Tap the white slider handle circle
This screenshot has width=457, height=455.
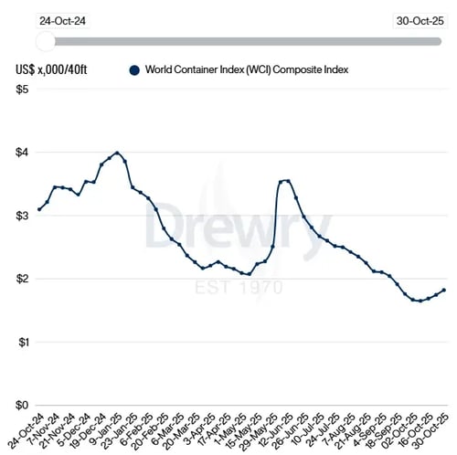(x=45, y=41)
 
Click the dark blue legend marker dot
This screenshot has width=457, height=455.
(x=134, y=69)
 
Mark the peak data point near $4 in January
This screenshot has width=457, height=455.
(x=117, y=153)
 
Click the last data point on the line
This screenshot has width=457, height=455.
(x=444, y=291)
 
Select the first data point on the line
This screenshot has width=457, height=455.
(x=39, y=209)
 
